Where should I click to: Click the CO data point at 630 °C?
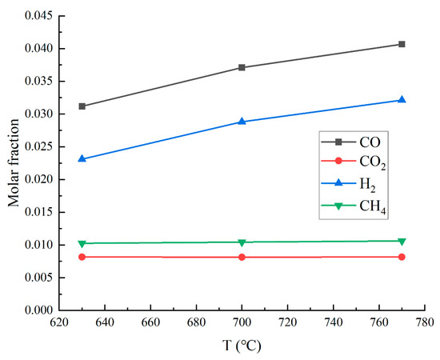[82, 106]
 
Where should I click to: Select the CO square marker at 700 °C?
[242, 67]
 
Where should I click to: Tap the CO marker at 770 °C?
[402, 44]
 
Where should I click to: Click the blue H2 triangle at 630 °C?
[82, 158]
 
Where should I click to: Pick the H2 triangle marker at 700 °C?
[242, 122]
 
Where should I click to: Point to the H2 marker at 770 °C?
[402, 100]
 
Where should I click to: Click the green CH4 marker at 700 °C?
[242, 242]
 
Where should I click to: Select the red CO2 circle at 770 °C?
[402, 257]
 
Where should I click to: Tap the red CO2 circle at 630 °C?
[82, 257]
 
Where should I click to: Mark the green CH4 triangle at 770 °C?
[402, 241]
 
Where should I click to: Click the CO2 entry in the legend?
[369, 163]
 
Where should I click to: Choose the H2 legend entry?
[366, 184]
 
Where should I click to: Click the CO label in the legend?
[366, 142]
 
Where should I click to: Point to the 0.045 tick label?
[38, 16]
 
